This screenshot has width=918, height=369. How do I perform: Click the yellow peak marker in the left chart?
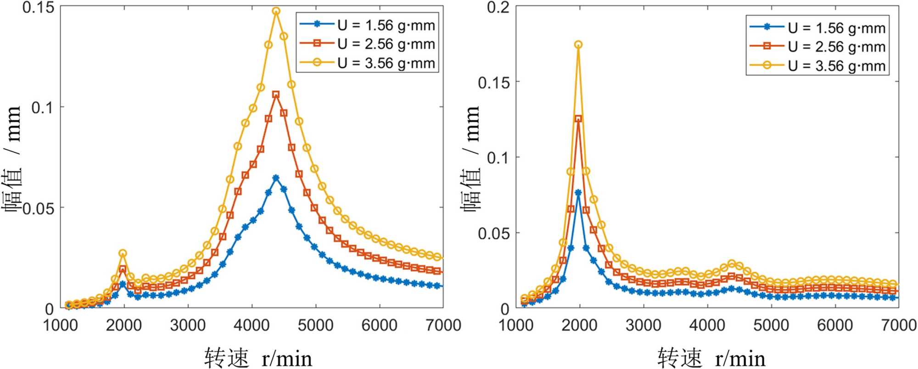276,11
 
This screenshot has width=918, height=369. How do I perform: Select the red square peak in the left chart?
276,95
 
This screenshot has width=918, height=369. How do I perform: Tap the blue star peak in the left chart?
276,178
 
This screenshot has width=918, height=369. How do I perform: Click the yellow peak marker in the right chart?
578,45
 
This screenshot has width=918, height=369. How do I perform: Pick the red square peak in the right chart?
578,119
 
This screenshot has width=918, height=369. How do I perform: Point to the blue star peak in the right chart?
578,193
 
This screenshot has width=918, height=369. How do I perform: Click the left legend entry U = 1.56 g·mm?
386,25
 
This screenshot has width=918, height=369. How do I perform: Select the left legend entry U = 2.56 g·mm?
386,44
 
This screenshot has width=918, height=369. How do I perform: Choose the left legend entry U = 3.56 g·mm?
386,63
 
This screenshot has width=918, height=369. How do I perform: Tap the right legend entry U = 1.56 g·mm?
836,28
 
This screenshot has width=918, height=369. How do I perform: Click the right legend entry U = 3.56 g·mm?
836,66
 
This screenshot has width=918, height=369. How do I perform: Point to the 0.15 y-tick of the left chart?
38,7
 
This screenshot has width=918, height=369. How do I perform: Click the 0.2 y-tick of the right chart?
498,7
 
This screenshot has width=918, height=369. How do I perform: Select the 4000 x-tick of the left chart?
252,325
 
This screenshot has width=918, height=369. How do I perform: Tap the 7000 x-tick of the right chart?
898,325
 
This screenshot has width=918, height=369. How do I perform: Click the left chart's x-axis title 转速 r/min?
258,358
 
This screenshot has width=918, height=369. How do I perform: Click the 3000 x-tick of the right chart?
643,325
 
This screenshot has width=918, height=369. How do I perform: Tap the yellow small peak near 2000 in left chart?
123,253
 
